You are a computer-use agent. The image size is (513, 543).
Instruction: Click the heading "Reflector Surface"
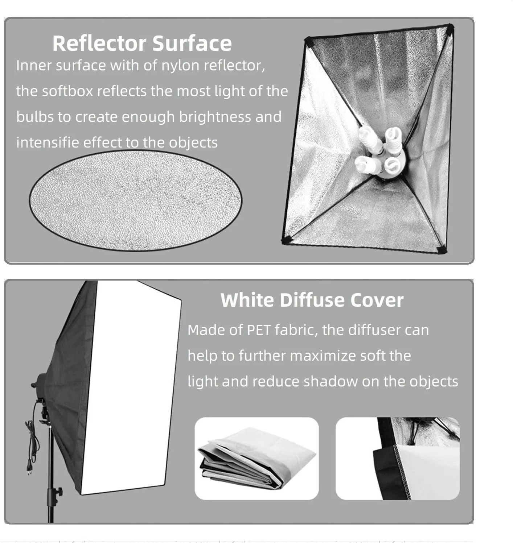click(142, 43)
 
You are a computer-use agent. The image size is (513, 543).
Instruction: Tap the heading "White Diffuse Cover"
click(312, 300)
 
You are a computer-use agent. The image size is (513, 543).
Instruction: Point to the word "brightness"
click(215, 117)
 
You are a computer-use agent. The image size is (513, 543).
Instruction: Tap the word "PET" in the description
click(259, 330)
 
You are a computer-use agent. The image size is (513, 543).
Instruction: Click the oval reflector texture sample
click(135, 200)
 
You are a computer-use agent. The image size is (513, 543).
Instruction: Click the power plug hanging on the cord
click(29, 467)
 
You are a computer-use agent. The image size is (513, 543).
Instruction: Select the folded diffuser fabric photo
click(256, 459)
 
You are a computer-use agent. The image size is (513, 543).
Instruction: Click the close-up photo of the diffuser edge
click(398, 459)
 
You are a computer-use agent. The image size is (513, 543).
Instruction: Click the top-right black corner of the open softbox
click(450, 28)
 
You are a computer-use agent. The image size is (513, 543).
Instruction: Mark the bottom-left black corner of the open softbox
click(286, 241)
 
